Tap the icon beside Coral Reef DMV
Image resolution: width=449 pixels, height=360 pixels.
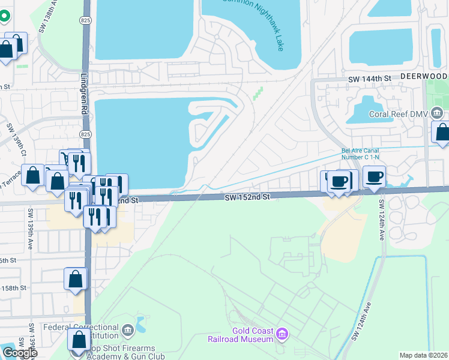[438, 112]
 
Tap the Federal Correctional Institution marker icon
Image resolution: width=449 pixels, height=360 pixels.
[127, 330]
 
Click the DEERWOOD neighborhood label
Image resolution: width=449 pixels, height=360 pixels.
[424, 77]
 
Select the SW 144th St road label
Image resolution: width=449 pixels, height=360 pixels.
[370, 79]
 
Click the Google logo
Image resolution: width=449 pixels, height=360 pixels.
[19, 353]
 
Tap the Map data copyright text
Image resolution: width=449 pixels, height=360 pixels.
[424, 355]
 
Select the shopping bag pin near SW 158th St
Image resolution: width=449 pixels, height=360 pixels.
[75, 279]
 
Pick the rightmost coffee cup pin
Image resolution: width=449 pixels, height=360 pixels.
[374, 177]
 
